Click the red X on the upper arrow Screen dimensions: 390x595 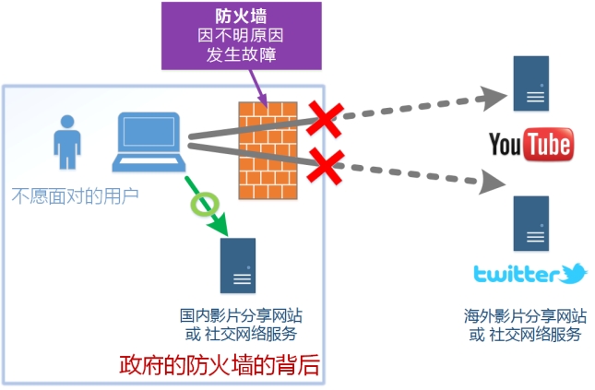(324, 120)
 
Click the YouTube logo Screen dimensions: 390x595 (530, 145)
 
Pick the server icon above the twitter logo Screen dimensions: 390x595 (532, 225)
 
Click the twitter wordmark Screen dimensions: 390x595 (517, 275)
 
